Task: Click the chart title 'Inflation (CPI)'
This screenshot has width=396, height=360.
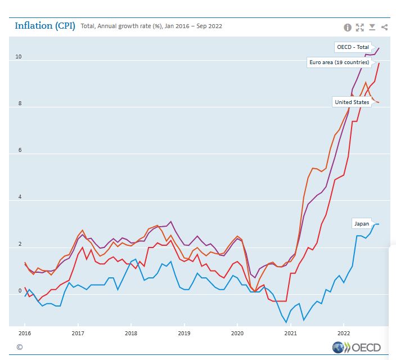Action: pos(46,26)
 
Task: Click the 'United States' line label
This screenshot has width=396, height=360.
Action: pos(352,102)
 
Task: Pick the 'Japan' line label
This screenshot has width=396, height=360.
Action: pos(361,223)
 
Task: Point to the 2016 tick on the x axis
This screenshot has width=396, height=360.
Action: pos(25,334)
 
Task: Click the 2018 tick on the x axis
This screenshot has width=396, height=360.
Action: pos(131,334)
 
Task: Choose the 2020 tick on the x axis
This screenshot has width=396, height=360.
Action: pos(237,334)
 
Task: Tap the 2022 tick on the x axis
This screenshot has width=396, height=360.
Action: pos(344,334)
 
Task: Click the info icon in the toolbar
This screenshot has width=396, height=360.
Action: pos(348,27)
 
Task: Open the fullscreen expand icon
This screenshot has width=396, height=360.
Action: pos(360,27)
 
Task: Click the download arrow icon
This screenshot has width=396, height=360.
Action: pos(372,27)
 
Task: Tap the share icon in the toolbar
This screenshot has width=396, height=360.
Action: pos(384,27)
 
